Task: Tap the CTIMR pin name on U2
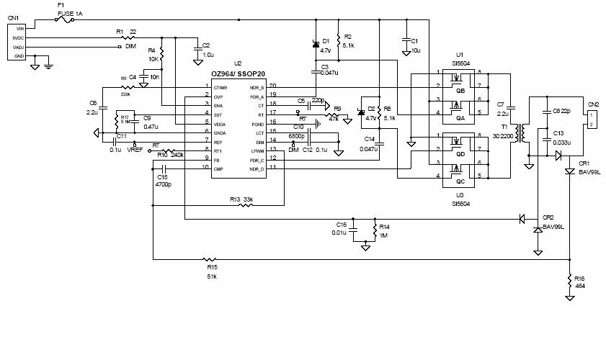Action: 220,87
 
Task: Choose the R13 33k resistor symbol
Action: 246,207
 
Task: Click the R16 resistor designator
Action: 581,278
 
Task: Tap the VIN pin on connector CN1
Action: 19,29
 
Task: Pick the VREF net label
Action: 135,150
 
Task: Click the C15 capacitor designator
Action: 162,176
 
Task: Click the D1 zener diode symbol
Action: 315,45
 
